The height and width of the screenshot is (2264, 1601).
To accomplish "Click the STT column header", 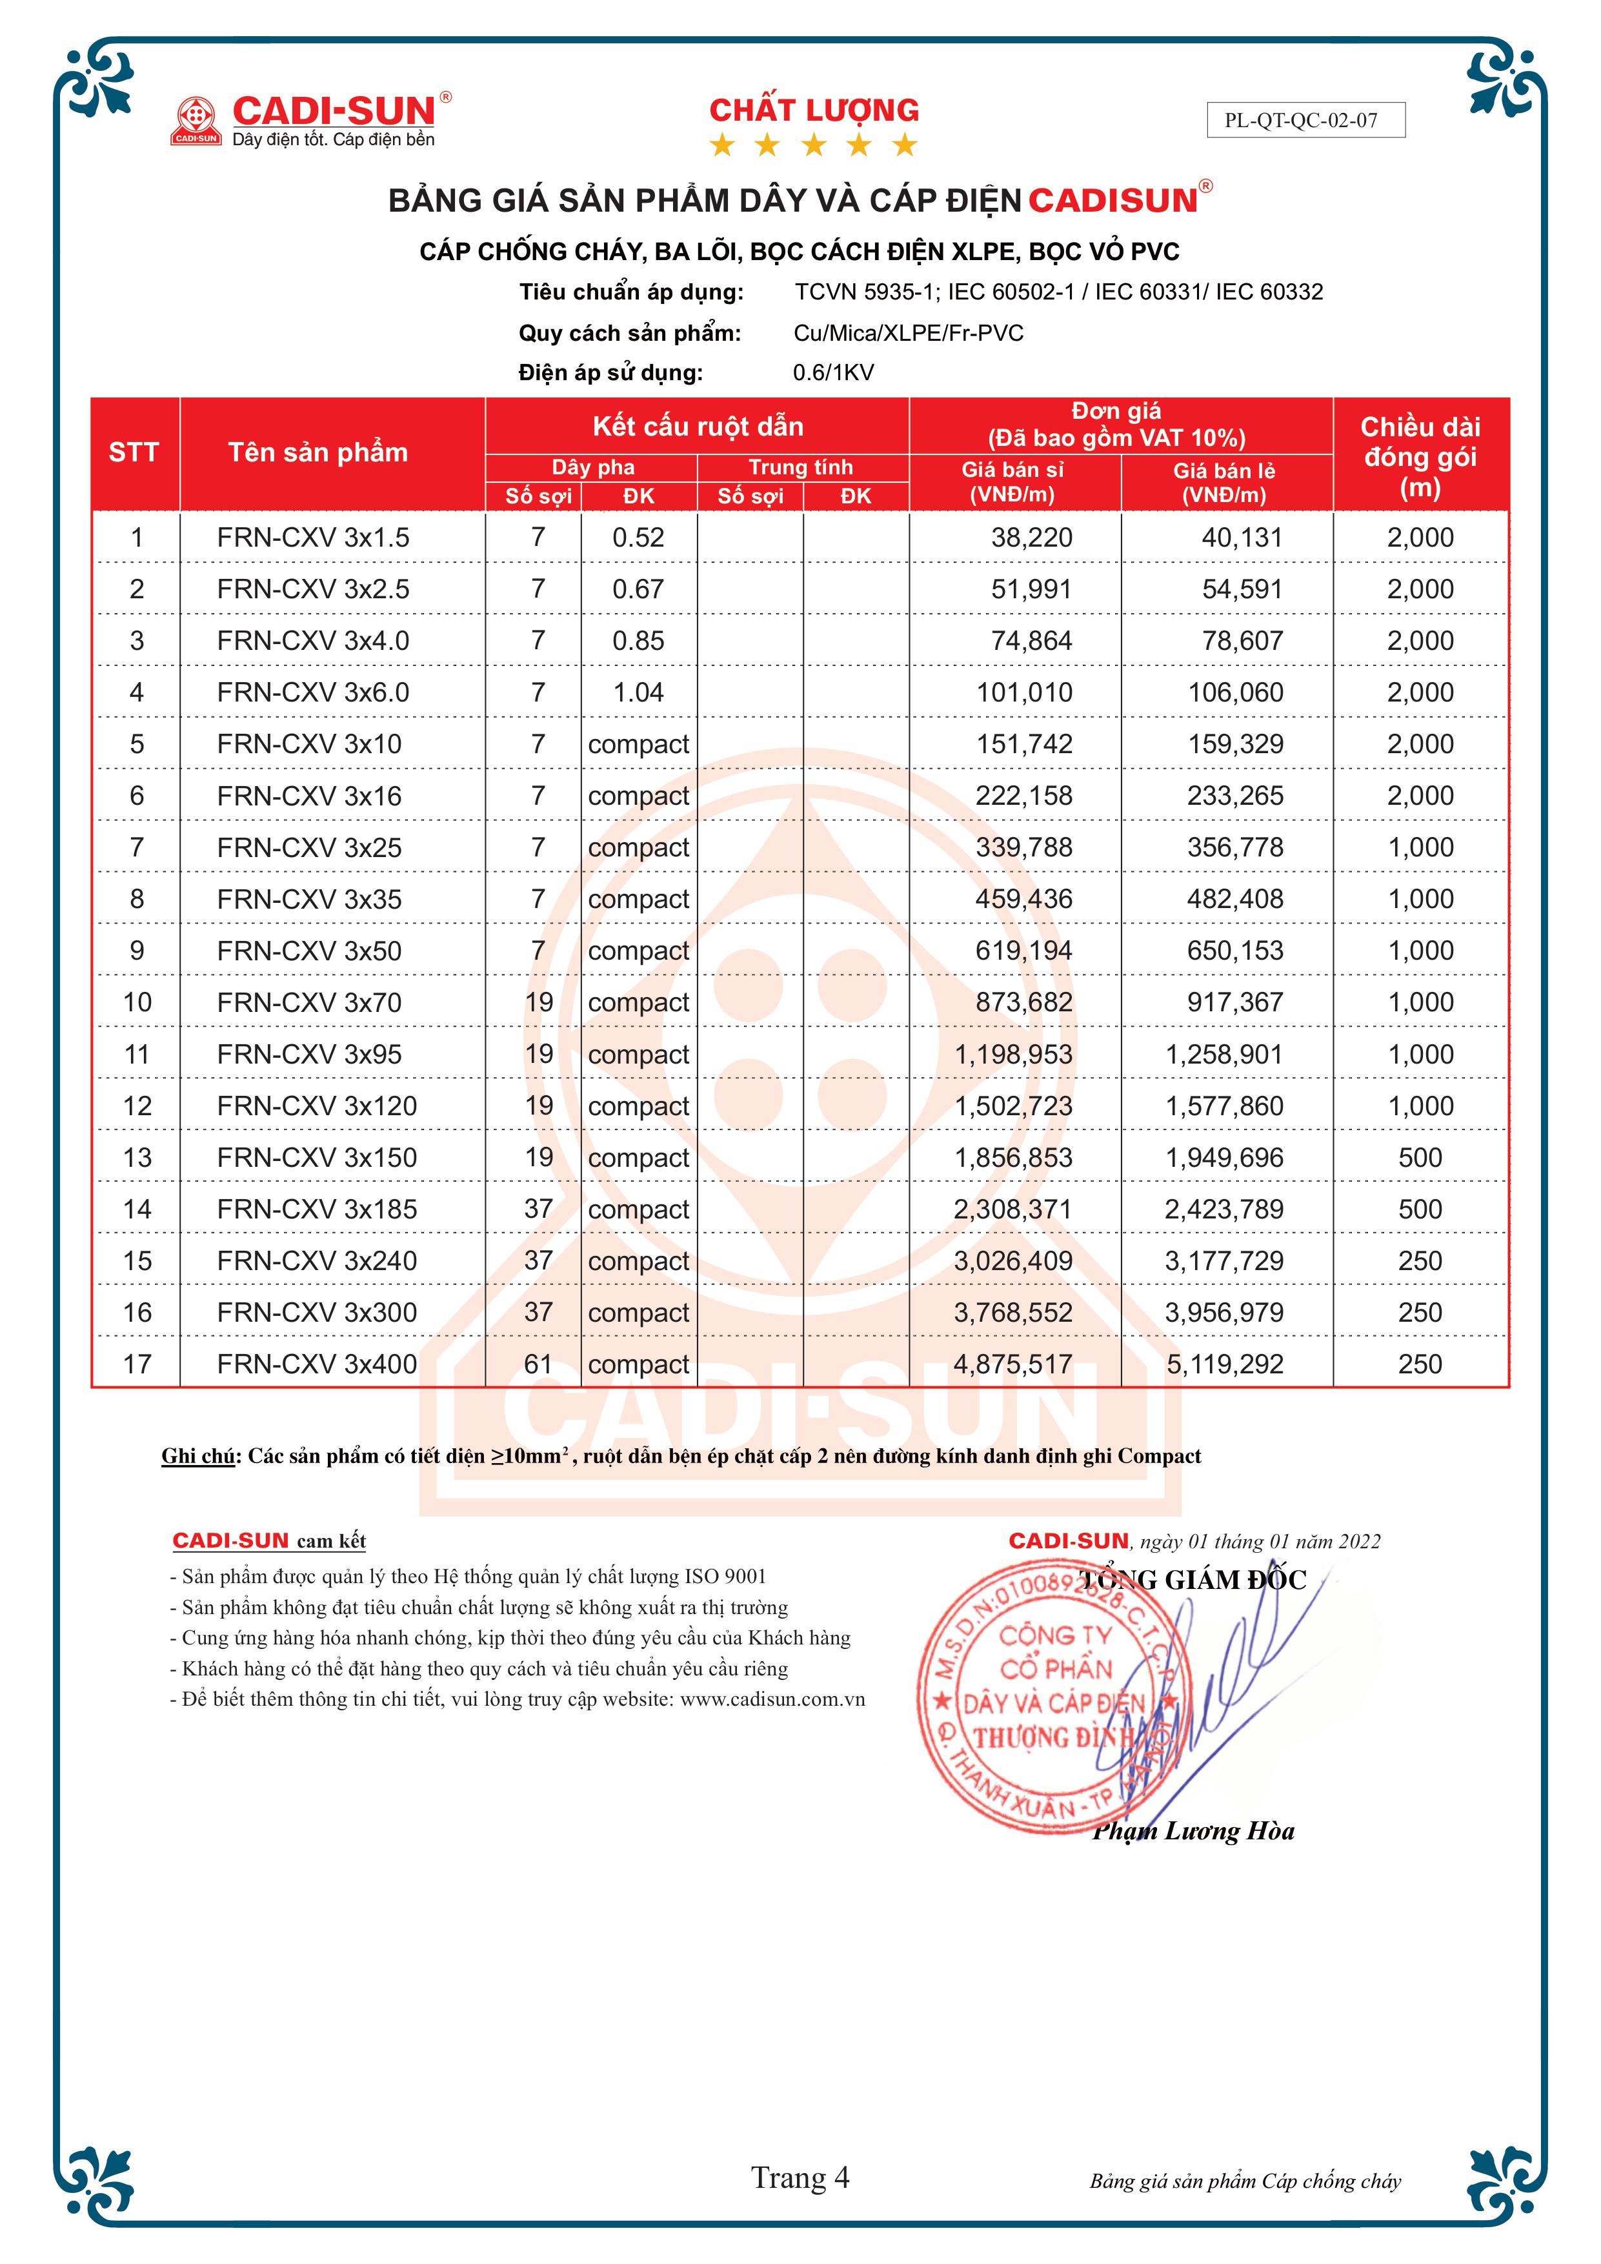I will point(134,452).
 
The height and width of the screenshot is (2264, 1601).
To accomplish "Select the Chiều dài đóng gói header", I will point(1420,456).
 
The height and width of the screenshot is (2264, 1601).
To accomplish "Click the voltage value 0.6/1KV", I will point(833,373).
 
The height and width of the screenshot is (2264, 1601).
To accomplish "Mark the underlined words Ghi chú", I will point(198,1457).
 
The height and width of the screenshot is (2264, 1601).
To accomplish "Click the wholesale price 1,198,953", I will point(1012,1054).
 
